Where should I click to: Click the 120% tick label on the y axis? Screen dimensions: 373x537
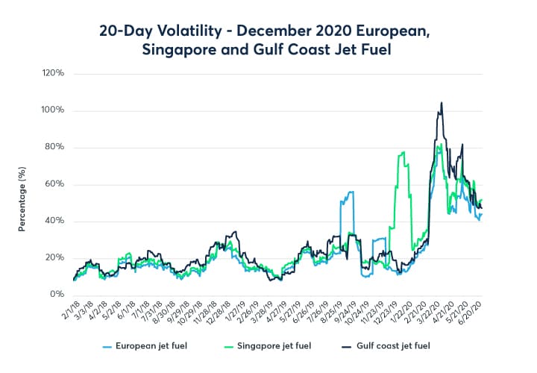[x=54, y=74]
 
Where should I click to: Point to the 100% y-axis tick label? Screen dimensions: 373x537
[x=54, y=110]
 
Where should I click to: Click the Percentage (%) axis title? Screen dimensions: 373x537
[x=22, y=199]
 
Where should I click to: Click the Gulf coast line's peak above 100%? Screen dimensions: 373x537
[x=442, y=103]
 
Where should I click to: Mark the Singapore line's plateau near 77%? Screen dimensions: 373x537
[x=403, y=154]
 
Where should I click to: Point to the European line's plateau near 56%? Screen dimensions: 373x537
[x=348, y=192]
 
